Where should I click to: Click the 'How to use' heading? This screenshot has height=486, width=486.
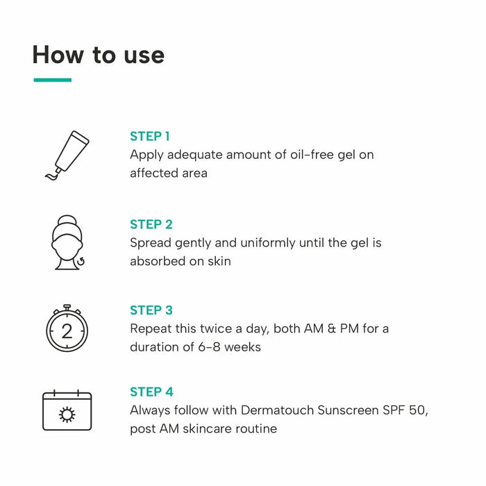[98, 55]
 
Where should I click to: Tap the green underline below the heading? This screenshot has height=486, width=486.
[52, 80]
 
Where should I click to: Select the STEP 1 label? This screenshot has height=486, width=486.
[149, 136]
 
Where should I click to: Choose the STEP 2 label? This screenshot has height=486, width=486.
[151, 224]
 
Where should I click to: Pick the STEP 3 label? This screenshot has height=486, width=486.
[151, 310]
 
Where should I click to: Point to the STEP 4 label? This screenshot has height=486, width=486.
[151, 392]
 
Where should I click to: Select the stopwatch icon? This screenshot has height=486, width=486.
[67, 328]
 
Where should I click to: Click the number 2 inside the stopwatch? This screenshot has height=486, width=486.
[67, 331]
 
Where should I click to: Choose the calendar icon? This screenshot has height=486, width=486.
[67, 410]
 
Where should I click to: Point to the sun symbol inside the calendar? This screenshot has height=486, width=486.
[67, 415]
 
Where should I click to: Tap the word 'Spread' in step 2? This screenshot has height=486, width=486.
[150, 243]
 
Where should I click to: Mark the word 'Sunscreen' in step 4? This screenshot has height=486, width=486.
[347, 410]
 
